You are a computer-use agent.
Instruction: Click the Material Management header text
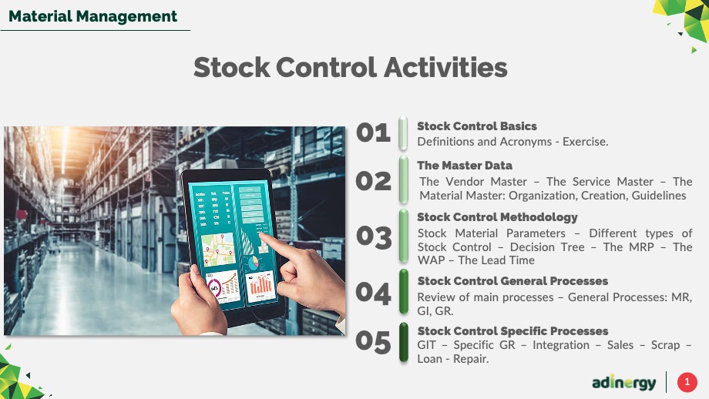[92, 16]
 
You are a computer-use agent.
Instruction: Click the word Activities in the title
[445, 67]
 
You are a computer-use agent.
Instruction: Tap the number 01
[373, 132]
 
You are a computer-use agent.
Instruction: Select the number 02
[373, 181]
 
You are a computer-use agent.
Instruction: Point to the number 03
[374, 237]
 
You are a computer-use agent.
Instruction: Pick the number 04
[373, 293]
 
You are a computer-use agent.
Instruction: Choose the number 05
[373, 341]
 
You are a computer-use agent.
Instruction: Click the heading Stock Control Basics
[477, 126]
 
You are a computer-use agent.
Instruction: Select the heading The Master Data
[465, 166]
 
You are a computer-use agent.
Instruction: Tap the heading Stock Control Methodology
[497, 217]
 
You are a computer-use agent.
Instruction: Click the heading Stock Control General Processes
[512, 281]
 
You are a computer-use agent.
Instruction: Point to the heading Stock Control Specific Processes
[512, 331]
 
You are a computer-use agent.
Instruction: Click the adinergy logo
[624, 383]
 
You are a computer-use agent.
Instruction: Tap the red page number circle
[687, 382]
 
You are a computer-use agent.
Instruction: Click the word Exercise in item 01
[585, 142]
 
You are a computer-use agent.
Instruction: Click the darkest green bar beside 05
[404, 342]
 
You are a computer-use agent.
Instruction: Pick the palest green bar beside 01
[403, 133]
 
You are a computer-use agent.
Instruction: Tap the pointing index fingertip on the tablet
[262, 236]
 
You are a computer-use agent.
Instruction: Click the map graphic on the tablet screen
[218, 249]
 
